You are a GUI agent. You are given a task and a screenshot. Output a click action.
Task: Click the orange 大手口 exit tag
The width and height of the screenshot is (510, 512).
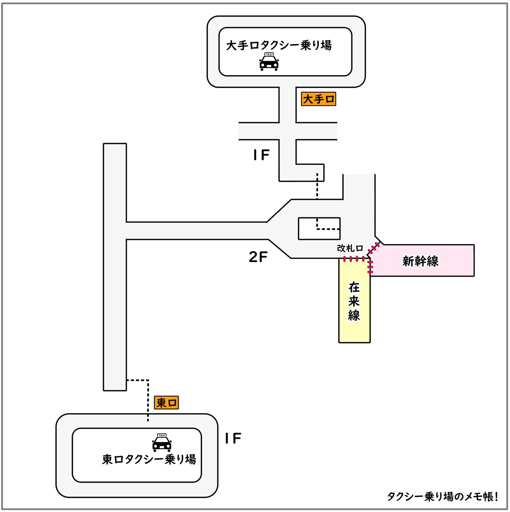pos(318,99)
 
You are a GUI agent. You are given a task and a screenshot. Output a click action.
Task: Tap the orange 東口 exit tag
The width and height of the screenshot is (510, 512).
pos(166,403)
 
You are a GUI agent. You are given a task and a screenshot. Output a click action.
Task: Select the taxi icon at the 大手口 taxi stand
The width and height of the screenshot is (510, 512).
pos(269,62)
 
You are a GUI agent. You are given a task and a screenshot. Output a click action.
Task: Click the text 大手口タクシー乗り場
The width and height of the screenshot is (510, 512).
pos(279,45)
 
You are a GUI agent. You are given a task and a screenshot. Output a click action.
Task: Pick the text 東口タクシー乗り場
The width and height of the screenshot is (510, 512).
pos(149,459)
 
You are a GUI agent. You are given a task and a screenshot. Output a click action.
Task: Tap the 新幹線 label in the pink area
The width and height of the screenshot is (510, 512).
pos(420,261)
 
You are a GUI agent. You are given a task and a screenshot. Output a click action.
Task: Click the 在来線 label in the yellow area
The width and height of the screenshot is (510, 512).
pos(354,301)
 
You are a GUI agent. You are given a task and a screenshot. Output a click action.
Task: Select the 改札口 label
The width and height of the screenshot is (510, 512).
pos(350,248)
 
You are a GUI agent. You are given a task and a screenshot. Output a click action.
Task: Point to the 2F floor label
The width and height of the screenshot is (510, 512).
pos(258,257)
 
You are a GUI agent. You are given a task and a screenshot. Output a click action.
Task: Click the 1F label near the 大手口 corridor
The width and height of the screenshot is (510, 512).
pos(261,155)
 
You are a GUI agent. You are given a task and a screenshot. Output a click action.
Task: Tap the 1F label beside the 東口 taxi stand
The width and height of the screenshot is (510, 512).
pos(233,439)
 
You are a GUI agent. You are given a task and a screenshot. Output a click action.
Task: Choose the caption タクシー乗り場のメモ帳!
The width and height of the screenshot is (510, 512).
pos(442,496)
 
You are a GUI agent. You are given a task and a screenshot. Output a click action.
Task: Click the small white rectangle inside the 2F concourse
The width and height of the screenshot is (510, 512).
pos(319,229)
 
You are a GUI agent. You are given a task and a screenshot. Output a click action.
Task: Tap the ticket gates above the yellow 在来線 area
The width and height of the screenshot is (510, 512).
pos(354,259)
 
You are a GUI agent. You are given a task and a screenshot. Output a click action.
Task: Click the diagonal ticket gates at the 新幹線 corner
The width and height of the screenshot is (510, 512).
pos(374,249)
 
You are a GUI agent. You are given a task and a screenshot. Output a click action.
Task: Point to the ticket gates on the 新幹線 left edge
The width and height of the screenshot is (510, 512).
pos(370,267)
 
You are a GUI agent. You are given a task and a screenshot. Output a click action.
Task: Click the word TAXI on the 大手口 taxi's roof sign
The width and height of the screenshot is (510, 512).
pos(269,54)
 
